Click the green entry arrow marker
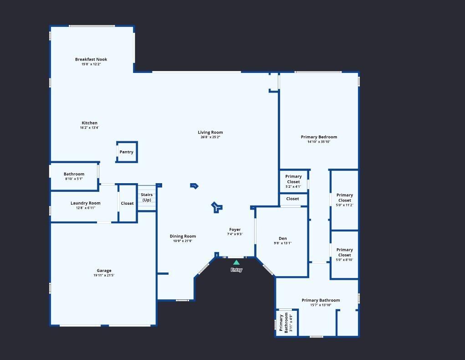(236, 262)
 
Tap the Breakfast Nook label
(91, 59)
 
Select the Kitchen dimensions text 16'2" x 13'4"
(89, 128)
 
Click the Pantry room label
(126, 152)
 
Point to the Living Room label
(210, 132)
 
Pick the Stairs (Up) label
(147, 197)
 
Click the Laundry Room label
(86, 203)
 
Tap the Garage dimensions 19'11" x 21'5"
(104, 275)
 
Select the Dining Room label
(183, 236)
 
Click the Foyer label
(235, 229)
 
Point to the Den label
(283, 238)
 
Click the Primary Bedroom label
(319, 137)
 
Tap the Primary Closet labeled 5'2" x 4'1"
(293, 181)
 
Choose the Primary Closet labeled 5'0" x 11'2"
(345, 200)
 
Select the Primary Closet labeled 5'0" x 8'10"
(345, 255)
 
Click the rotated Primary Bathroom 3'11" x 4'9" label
(286, 323)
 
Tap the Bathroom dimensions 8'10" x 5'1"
(74, 179)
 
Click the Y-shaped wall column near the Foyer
(216, 207)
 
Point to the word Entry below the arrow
(236, 270)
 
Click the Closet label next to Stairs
(127, 203)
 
